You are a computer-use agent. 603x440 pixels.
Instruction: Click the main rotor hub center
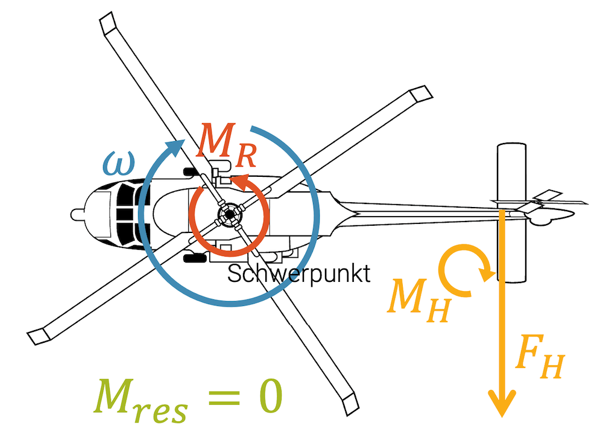229,214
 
